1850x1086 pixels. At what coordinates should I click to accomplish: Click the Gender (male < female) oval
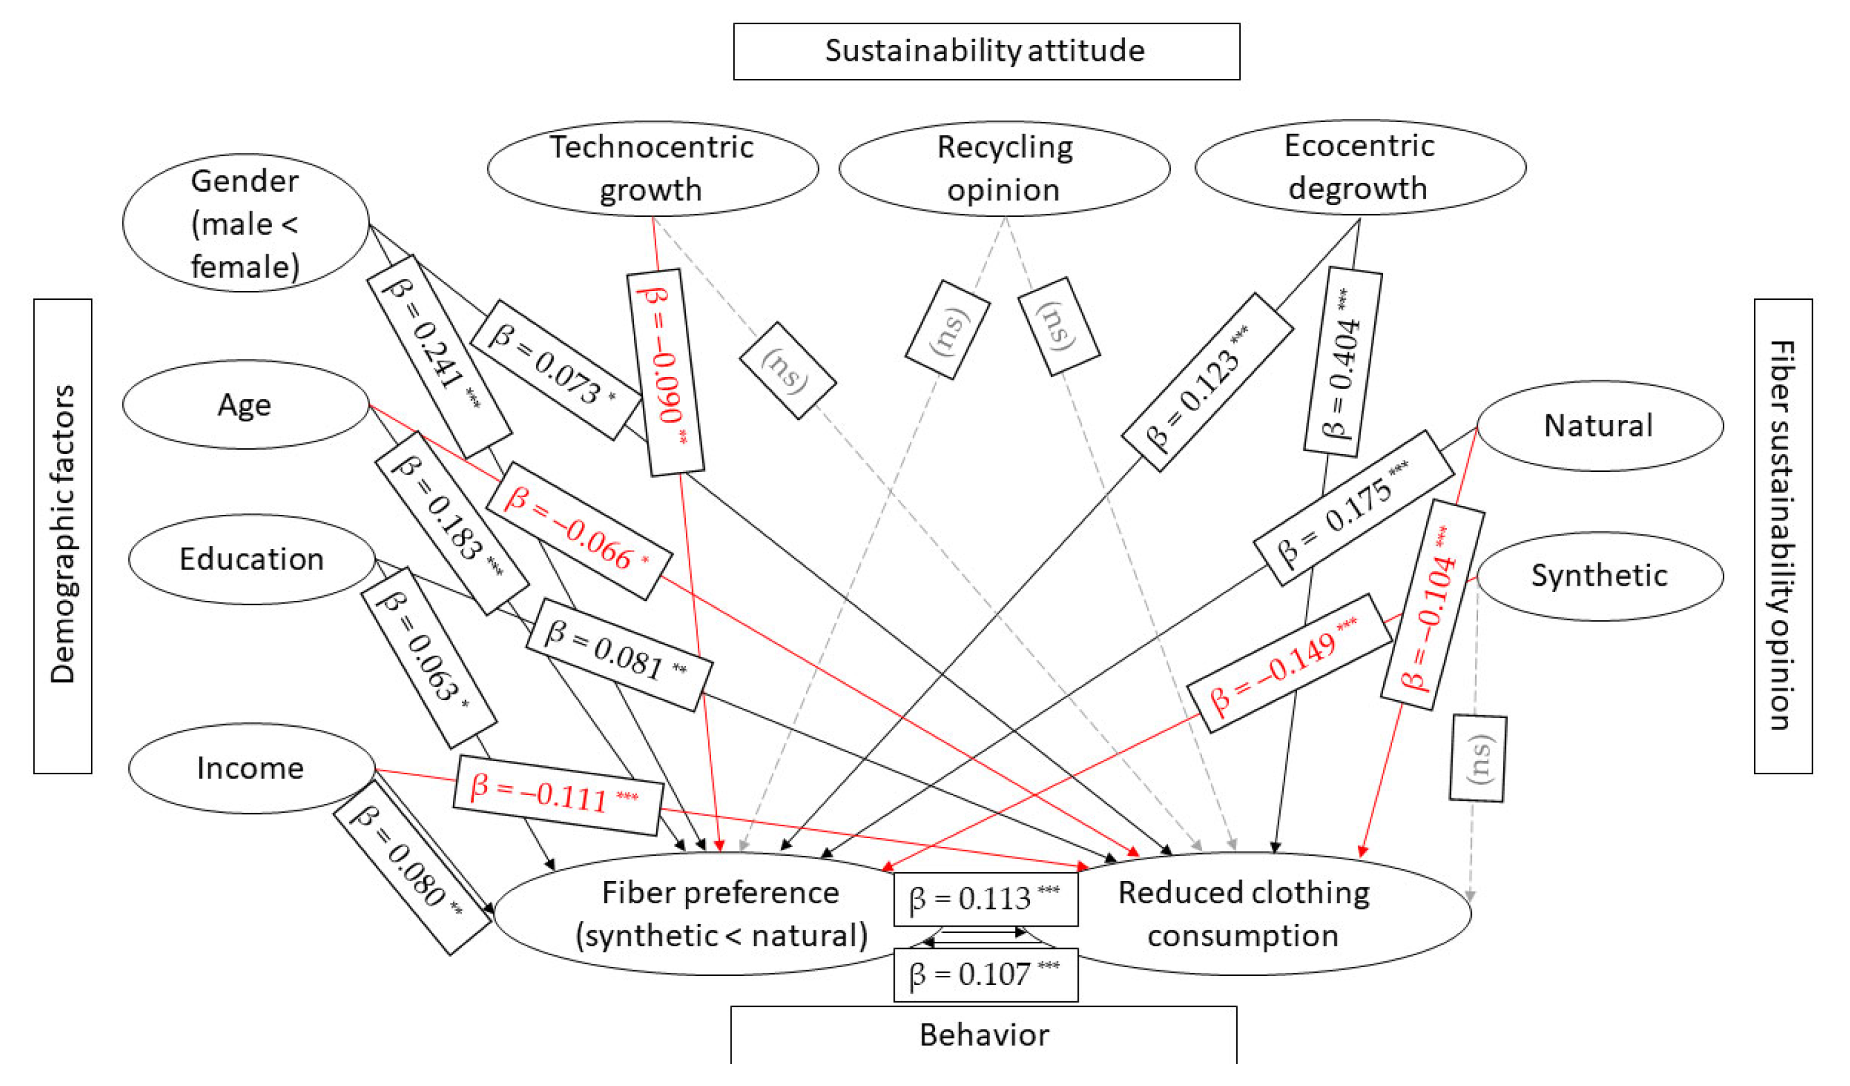[245, 223]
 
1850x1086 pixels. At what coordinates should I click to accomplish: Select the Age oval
[245, 404]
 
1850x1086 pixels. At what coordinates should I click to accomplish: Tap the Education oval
[251, 559]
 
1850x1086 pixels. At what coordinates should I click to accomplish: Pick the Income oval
[251, 768]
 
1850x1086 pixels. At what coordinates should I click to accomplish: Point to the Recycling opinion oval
[1003, 168]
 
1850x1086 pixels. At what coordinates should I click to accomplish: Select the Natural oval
[1599, 426]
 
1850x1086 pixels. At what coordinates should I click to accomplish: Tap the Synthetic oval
[1599, 576]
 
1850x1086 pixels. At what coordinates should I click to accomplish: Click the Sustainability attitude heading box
[986, 51]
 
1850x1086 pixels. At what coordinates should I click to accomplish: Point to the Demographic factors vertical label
[63, 536]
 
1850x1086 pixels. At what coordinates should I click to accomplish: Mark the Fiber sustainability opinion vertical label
[1782, 536]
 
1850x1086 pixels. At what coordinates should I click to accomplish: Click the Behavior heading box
[984, 1035]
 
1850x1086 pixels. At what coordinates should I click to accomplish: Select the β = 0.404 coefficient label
[1343, 363]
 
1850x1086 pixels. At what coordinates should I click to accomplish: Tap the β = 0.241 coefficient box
[438, 356]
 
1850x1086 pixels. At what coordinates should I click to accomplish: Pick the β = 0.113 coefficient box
[985, 899]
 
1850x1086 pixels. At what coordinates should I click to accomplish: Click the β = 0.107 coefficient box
[985, 975]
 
